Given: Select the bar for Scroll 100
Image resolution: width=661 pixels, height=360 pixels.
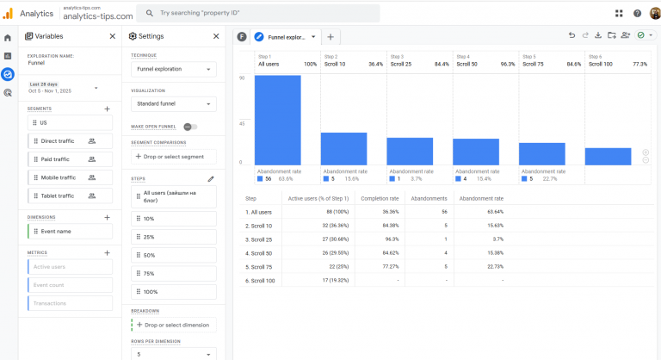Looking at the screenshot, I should (x=608, y=156).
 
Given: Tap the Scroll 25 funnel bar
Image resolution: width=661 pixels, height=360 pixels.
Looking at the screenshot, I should (x=409, y=151).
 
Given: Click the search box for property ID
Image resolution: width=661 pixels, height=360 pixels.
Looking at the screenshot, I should (x=258, y=13).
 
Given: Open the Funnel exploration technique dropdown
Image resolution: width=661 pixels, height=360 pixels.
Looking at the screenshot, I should (x=174, y=68).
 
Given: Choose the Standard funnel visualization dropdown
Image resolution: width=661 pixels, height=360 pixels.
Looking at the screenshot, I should (x=174, y=103).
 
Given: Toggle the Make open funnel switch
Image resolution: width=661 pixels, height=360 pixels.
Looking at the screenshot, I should (x=189, y=127).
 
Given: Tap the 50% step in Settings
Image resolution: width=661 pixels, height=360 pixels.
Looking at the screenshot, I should (x=174, y=255).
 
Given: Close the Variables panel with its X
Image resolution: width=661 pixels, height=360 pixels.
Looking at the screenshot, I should (x=112, y=36).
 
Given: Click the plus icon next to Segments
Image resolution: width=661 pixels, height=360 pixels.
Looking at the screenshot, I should (x=107, y=109).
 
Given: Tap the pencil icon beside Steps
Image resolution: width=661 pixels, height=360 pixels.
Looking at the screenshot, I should (x=211, y=179).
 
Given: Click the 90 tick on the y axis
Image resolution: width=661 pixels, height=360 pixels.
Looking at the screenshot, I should (x=243, y=78).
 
